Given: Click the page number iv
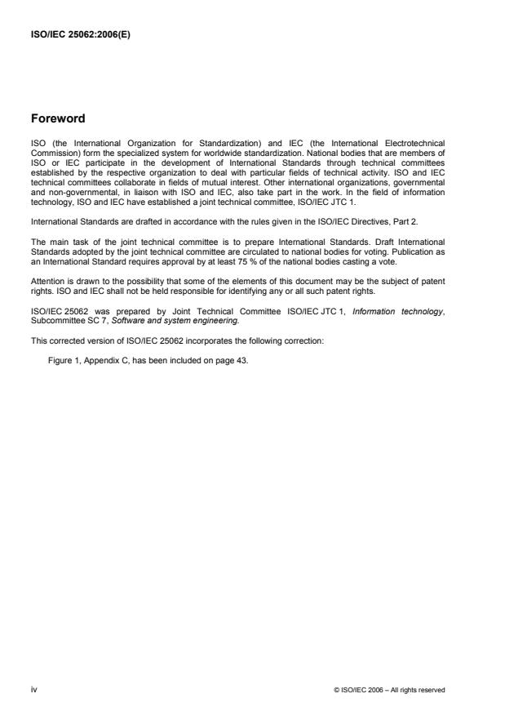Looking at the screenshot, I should pos(33,689).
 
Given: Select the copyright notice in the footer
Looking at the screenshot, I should pos(389,690).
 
